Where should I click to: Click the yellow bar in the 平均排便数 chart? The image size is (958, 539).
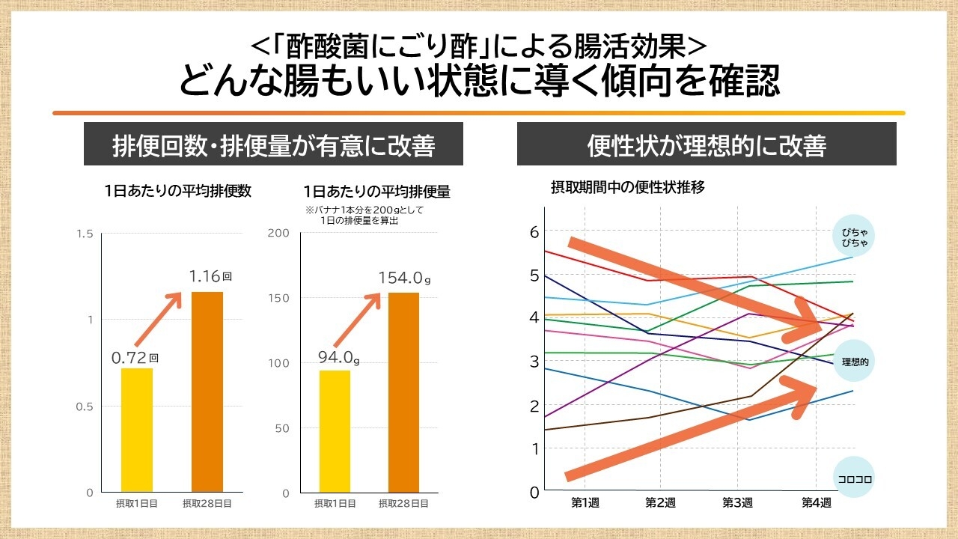pos(138,430)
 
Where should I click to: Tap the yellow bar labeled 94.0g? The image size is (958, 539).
pos(335,431)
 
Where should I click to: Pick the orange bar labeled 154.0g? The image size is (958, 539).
pos(403,392)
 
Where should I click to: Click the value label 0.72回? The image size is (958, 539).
pos(135,358)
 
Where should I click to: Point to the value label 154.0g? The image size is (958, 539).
pos(405,278)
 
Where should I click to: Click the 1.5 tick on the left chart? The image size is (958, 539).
pos(85,234)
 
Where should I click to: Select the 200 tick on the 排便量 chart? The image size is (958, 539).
pos(278,233)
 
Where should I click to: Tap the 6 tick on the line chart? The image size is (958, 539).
pos(534,232)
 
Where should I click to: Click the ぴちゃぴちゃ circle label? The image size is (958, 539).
pos(854,237)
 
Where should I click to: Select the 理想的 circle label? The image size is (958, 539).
pos(854,362)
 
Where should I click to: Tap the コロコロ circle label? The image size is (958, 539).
pos(854,478)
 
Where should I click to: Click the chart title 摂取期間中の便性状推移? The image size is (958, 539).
pos(628,187)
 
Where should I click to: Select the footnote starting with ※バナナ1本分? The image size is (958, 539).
pos(364,216)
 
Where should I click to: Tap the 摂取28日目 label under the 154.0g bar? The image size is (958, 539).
pos(403,504)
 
